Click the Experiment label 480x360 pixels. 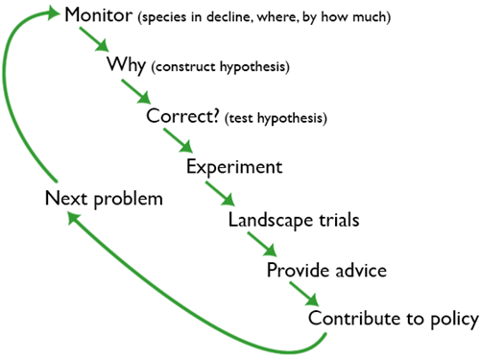pos(234,167)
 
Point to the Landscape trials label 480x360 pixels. pos(294,219)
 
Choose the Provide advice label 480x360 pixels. pos(326,270)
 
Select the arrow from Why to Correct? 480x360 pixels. pos(137,93)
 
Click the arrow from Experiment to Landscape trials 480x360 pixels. pos(222,194)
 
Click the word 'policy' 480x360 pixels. pos(454,320)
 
